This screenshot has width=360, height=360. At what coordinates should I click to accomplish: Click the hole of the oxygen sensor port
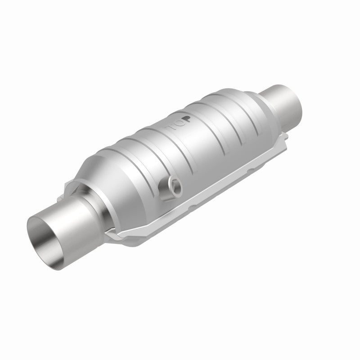[x=173, y=184]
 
